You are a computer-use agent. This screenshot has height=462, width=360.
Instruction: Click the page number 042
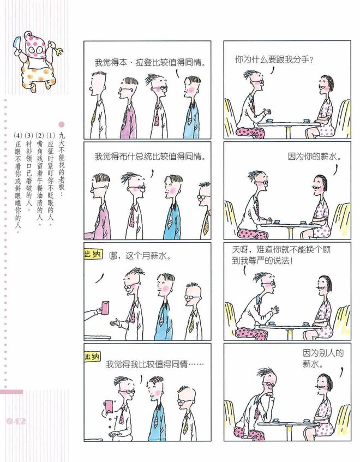click(16, 421)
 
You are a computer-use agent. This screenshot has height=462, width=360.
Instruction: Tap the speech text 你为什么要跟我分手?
click(274, 59)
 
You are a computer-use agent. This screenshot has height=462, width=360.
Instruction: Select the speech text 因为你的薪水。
click(315, 156)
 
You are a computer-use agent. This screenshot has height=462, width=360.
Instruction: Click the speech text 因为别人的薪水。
click(323, 358)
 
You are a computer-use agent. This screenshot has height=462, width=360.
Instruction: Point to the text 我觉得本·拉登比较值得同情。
click(150, 63)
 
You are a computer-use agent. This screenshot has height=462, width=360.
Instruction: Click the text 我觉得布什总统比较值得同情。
click(150, 156)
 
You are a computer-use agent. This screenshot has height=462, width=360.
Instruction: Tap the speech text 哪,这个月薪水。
click(140, 255)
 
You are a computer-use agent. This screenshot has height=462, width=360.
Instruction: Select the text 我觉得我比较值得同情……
click(155, 364)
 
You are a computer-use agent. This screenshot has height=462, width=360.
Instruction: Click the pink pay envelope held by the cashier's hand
click(105, 308)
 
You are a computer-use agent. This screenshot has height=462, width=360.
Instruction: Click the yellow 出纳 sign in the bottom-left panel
click(92, 357)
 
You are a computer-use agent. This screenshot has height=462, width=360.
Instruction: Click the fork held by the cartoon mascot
click(58, 49)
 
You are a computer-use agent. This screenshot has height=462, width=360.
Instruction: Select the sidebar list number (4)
click(18, 136)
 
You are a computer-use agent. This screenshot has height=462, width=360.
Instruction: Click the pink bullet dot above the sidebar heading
click(62, 124)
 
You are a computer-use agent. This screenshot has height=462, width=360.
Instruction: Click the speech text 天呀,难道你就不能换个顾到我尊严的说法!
click(281, 255)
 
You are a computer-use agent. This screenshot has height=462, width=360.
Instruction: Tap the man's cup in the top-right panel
click(269, 121)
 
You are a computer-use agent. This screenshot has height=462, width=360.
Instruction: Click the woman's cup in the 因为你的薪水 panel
click(303, 222)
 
